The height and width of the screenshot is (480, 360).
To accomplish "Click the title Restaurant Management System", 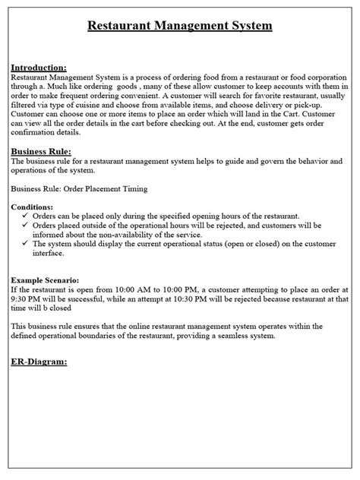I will click(x=180, y=27).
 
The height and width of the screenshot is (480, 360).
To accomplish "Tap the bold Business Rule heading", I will click(x=43, y=152).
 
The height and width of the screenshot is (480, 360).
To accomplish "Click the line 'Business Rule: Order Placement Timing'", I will click(x=79, y=188).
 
